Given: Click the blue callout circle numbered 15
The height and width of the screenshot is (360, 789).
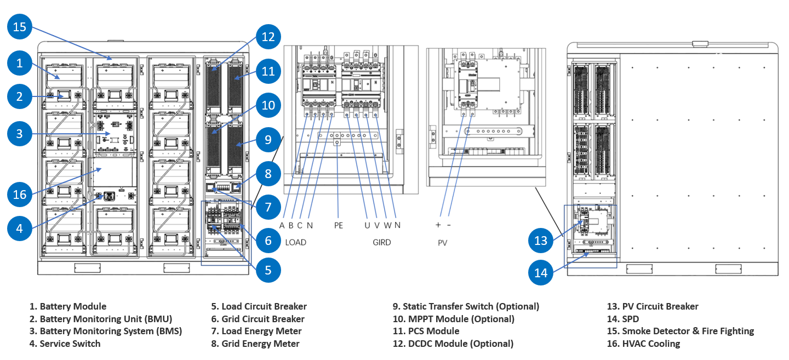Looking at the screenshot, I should point(19,27).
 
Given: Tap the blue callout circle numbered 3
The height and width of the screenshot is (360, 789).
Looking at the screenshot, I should point(19,133).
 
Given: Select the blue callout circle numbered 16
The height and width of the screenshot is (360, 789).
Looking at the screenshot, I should point(19,194).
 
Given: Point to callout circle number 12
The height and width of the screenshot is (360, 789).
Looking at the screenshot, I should point(268,37).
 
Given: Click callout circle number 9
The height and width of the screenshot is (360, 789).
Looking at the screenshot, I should point(268,140).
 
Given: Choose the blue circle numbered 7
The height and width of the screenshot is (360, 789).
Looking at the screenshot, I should point(268,207).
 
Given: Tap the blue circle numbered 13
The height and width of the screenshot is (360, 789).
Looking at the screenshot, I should point(541,241).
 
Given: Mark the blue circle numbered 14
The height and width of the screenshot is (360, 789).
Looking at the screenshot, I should point(541,272).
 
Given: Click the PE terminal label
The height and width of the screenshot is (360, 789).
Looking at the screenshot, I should point(339,225).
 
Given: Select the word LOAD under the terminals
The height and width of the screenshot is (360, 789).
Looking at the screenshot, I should point(296,242).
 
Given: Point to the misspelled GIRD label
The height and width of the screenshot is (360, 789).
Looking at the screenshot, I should point(381,242).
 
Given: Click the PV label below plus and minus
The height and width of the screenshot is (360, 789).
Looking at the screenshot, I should point(443,242).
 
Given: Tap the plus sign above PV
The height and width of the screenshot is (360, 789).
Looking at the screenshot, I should point(438,225).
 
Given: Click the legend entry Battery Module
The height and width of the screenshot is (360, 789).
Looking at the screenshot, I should point(68,306).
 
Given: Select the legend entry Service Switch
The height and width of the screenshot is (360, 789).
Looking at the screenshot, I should point(65,344).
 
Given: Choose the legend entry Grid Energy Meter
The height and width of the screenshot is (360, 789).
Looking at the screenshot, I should point(255,344).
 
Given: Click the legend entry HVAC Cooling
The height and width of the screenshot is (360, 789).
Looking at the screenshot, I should point(643,344).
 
